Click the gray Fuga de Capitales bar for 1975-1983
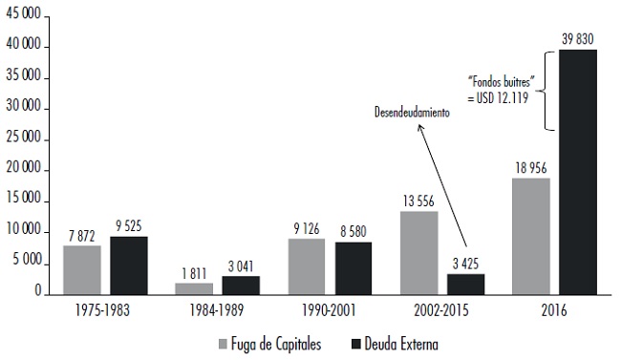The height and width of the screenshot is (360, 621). click(82, 269)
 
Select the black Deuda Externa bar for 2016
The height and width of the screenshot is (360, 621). click(577, 171)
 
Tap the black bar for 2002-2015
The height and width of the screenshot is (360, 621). click(465, 284)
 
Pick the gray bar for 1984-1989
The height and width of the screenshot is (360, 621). click(194, 287)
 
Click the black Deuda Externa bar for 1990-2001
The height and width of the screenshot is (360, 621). click(353, 267)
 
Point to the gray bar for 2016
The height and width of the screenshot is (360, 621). click(530, 235)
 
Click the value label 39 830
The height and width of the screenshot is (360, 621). click(578, 38)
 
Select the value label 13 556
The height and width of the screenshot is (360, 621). click(418, 201)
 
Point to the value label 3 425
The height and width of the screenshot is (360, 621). click(465, 263)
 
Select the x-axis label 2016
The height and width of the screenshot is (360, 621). click(554, 311)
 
